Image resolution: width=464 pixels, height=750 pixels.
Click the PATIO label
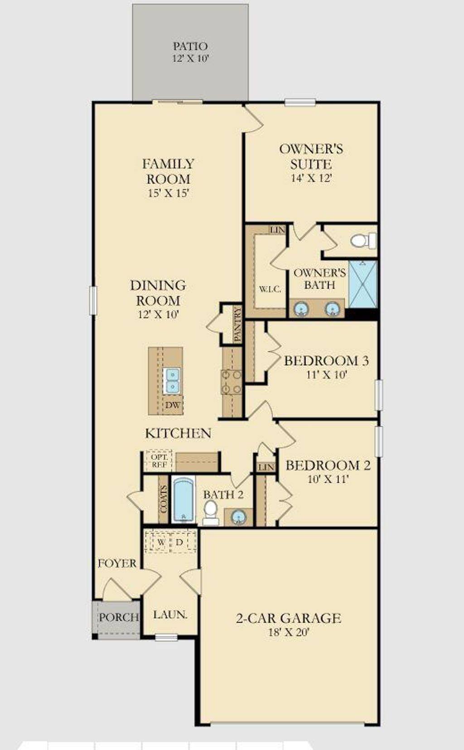tap(190, 46)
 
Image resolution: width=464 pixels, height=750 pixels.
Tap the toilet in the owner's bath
tap(362, 240)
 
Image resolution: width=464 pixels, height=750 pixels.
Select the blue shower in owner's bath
tap(363, 284)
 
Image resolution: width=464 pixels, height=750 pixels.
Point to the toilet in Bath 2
tap(210, 512)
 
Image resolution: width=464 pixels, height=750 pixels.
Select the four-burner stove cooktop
tap(231, 382)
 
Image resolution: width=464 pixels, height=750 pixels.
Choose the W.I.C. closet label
tap(271, 289)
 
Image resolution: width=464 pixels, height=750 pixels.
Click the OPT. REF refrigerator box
tap(159, 461)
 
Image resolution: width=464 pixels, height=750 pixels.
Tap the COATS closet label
tap(163, 498)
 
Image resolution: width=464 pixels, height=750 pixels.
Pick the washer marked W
tap(160, 542)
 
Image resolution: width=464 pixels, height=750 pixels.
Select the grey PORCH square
tap(118, 618)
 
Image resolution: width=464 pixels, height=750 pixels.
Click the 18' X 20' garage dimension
tap(288, 632)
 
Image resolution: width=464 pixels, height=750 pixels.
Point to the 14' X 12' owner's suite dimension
tap(311, 178)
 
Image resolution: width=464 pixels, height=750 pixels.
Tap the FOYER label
tap(117, 563)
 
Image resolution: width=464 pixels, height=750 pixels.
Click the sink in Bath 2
tap(239, 516)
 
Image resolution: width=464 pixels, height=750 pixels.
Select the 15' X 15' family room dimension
tap(168, 193)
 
